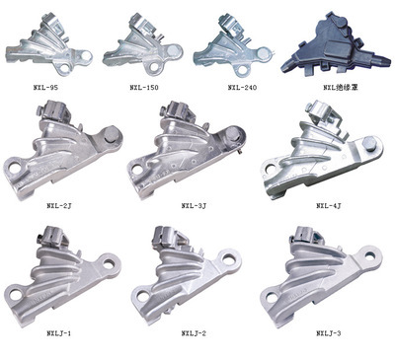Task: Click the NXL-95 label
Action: coord(45,88)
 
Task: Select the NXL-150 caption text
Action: coord(144,88)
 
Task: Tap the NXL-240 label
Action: coord(242,88)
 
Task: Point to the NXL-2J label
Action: coord(59,206)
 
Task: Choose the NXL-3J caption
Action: coord(194,206)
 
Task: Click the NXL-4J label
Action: coord(329,206)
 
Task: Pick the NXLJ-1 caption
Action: coord(59,333)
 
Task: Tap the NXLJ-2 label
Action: coord(194,333)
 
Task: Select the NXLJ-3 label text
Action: coord(329,333)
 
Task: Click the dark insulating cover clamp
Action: coord(334,46)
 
